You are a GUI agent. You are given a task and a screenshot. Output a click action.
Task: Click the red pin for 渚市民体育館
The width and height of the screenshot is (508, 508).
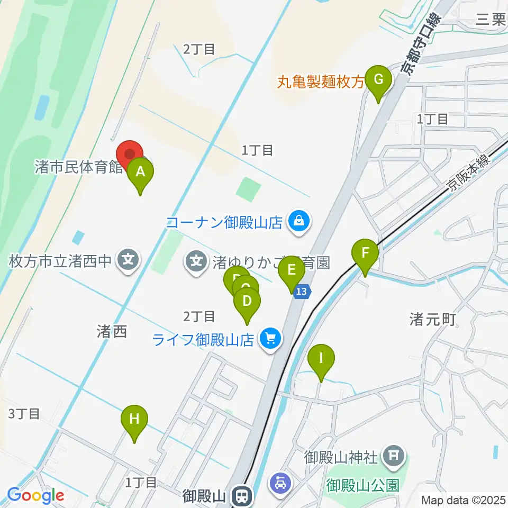130,154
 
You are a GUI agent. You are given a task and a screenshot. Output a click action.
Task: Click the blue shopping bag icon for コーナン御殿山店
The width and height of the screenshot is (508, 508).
299,220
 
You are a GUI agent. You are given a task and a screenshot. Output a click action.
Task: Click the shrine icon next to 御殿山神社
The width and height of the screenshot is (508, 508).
394,454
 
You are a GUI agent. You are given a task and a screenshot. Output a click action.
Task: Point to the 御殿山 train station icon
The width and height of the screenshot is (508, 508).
242,496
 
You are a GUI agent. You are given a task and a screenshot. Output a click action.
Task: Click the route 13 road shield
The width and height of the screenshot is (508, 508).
301,291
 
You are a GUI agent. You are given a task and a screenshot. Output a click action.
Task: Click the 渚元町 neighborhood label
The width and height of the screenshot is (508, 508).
432,319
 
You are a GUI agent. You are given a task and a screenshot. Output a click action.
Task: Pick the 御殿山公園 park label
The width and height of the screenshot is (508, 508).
362,485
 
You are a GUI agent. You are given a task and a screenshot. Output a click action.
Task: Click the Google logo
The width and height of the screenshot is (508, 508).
35,496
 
